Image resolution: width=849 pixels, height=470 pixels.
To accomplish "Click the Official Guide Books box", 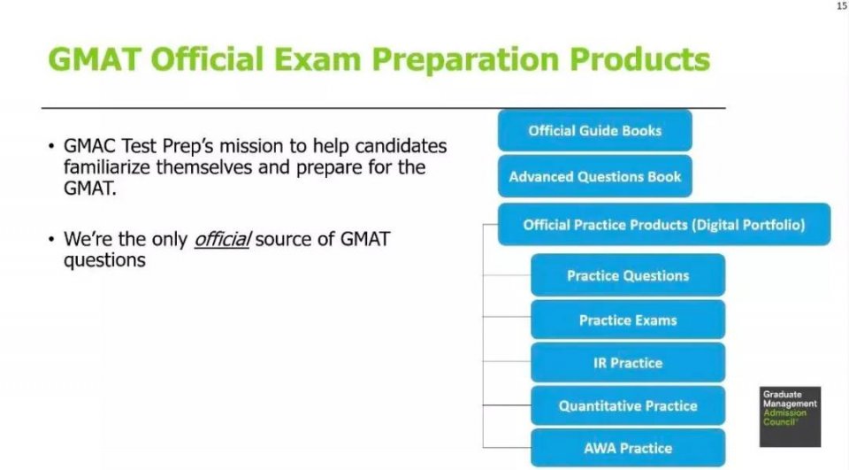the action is (x=595, y=131).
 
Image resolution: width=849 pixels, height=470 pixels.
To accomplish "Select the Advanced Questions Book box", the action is (x=595, y=176).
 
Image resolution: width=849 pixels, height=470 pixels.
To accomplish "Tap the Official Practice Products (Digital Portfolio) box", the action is (x=664, y=225).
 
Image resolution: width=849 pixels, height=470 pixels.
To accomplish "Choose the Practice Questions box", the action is (x=628, y=275).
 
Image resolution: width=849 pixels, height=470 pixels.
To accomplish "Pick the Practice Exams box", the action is (x=628, y=320).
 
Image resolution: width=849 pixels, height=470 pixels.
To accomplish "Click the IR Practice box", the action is (x=628, y=363).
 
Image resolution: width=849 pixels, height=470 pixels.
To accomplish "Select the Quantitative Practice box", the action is (x=628, y=405).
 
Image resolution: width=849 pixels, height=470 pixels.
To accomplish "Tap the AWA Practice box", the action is (x=628, y=449).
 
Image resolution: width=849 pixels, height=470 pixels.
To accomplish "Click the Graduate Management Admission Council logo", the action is (x=790, y=417).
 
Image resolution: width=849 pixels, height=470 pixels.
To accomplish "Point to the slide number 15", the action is (x=842, y=6).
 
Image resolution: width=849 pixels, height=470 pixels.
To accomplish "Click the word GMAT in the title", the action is (x=95, y=59).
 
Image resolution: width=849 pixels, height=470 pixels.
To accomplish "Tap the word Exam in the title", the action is (x=317, y=59).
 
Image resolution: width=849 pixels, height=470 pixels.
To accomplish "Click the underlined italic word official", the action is (x=223, y=239).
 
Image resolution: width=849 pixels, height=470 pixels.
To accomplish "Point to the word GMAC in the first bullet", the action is (x=90, y=146).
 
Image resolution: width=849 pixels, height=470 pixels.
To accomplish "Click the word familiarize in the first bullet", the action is (x=107, y=167).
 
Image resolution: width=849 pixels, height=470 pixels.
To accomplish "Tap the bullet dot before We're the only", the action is (x=51, y=239).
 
